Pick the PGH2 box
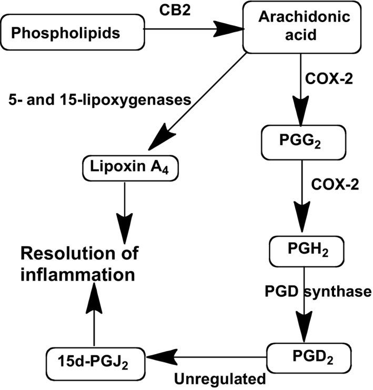301,252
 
